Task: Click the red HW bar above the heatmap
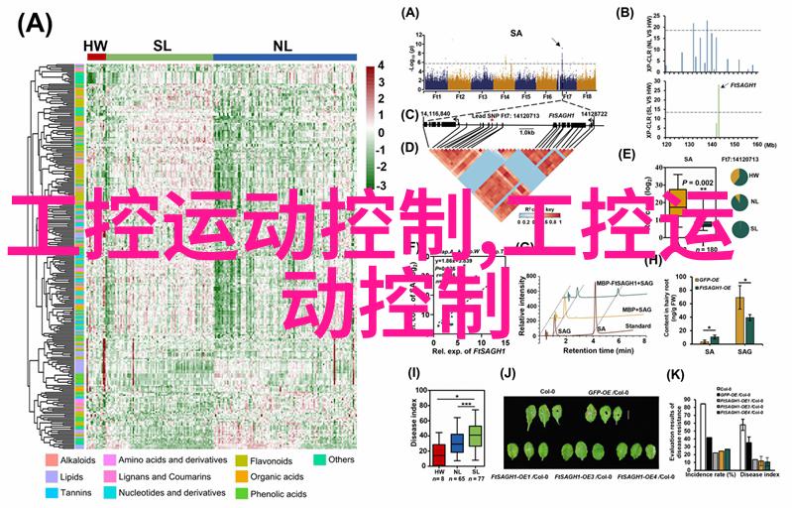tap(96, 59)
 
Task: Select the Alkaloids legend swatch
tap(51, 461)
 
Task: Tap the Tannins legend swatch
tap(51, 493)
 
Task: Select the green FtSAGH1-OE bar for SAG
tap(749, 327)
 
